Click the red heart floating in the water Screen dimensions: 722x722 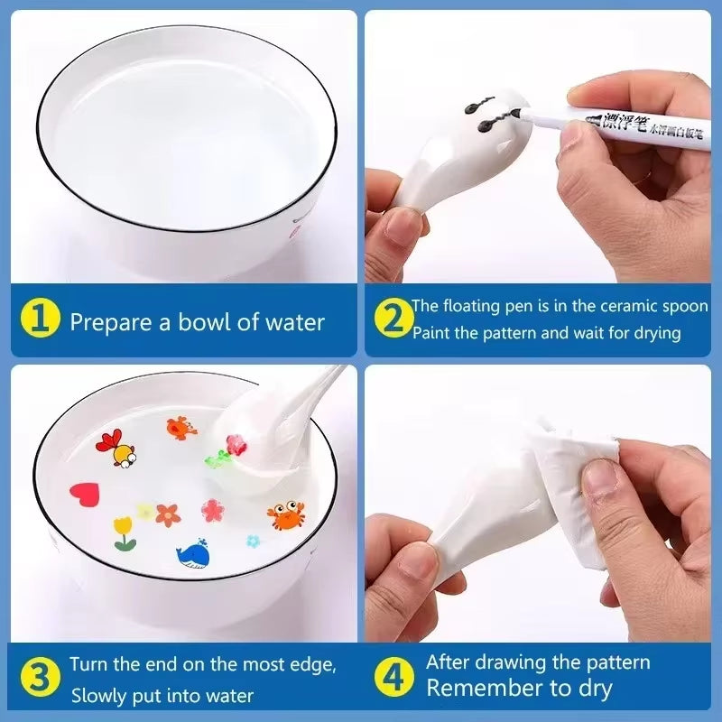pos(85,494)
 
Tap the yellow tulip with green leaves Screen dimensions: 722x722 pos(124,532)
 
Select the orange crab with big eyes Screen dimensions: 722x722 pos(286,515)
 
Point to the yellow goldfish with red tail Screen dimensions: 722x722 pos(119,449)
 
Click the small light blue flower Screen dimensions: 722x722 pos(254,541)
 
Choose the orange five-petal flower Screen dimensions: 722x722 pos(168,514)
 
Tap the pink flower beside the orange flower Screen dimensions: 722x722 pos(212,510)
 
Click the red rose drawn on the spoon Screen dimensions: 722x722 pos(236,444)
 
